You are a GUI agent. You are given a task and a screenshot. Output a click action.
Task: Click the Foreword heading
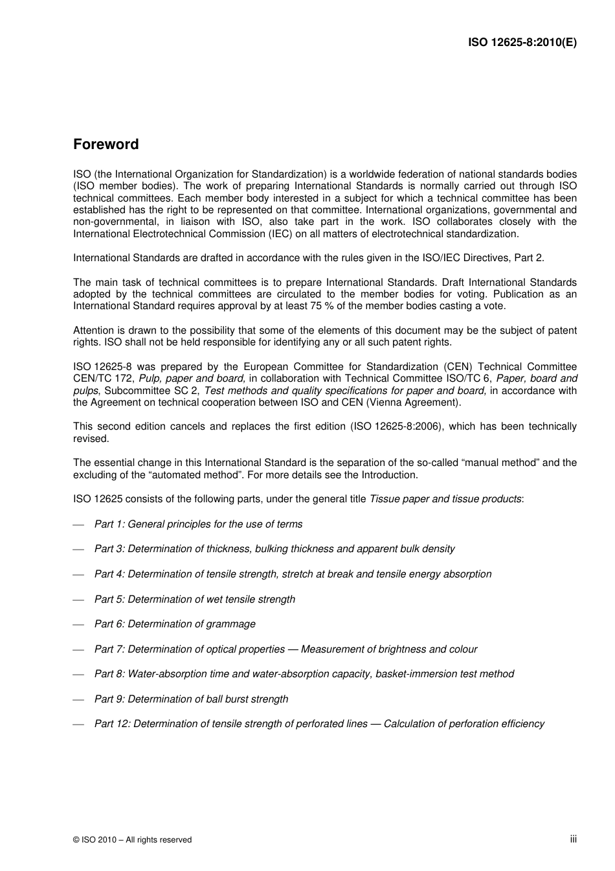(x=106, y=145)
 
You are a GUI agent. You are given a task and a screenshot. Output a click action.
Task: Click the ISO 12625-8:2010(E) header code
(x=522, y=43)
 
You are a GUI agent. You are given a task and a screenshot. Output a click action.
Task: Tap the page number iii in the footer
(x=573, y=839)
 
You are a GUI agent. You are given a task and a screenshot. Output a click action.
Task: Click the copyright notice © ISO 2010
(x=132, y=839)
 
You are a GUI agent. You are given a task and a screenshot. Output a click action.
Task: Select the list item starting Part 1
(x=198, y=524)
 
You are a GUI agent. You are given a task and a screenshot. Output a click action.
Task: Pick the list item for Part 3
(x=274, y=549)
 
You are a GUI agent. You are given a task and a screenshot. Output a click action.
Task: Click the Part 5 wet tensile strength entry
(x=194, y=599)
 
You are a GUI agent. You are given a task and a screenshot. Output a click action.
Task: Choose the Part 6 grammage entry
(x=175, y=624)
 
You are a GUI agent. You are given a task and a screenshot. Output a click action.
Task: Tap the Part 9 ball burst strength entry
(x=191, y=699)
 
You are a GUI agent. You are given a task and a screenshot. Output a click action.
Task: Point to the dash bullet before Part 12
(x=79, y=725)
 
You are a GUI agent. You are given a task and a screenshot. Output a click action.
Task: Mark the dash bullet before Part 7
(x=79, y=649)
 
